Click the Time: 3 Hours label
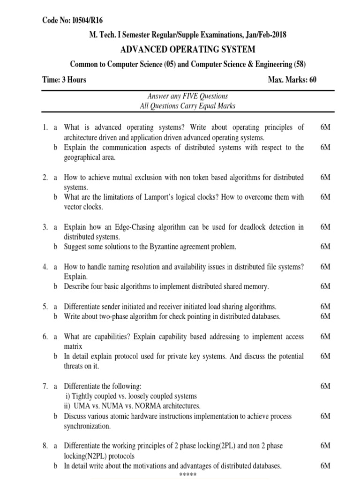pos(64,79)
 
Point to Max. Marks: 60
pos(292,79)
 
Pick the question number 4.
pos(45,267)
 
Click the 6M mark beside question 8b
pos(325,465)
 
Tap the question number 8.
pos(45,446)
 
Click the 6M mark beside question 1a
pos(325,127)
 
